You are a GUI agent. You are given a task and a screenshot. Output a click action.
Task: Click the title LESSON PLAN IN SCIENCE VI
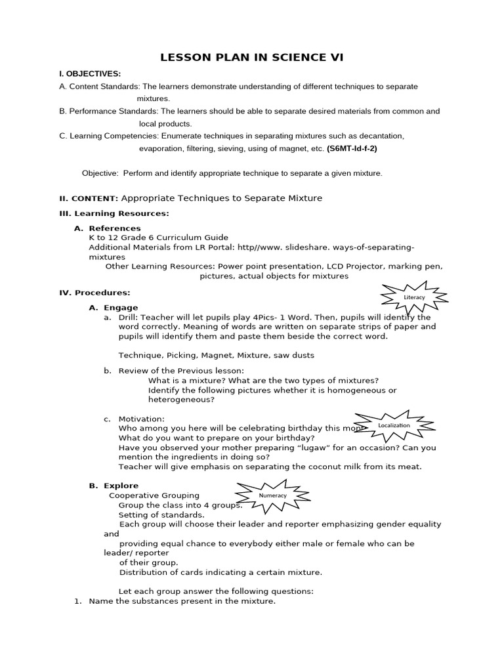252,58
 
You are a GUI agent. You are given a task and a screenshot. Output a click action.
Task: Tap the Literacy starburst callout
414,297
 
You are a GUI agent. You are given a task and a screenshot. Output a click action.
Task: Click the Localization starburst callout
394,425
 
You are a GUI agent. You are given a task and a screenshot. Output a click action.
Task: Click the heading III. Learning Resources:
114,213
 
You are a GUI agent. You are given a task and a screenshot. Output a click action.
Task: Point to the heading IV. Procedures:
94,293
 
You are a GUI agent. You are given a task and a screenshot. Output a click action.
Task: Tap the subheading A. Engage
113,307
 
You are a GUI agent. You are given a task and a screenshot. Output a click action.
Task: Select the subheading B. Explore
114,486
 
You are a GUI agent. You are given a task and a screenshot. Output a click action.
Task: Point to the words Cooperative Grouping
154,495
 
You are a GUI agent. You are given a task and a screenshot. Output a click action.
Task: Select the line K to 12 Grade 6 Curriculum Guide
158,238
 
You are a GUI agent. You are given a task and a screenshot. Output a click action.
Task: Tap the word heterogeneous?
182,400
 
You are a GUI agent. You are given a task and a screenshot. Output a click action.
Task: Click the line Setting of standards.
161,514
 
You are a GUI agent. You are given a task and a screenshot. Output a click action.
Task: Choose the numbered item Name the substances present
182,601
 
